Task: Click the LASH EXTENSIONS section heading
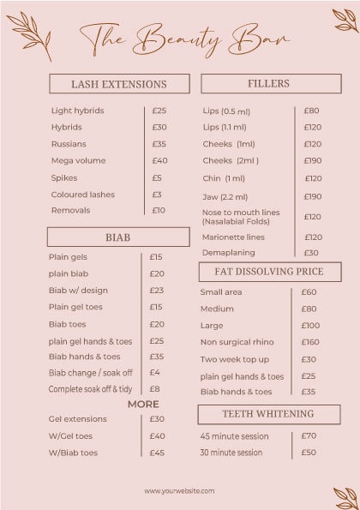coord(119,84)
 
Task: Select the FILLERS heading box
coord(268,83)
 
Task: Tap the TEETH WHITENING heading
coord(268,414)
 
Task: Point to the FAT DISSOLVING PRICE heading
coord(268,272)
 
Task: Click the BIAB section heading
coord(118,237)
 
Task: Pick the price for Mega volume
coord(159,160)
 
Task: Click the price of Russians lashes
coord(159,144)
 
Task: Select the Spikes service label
coord(63,177)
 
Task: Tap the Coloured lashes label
coord(82,195)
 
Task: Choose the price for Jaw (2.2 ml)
coord(313,196)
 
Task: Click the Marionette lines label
coord(233,237)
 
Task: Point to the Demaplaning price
coord(311,253)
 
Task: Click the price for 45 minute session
coord(309,435)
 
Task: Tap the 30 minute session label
coord(231,452)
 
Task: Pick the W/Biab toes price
coord(157,453)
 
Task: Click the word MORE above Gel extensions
coord(143,404)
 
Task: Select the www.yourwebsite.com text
coord(179,491)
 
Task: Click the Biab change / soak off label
coord(90,373)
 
